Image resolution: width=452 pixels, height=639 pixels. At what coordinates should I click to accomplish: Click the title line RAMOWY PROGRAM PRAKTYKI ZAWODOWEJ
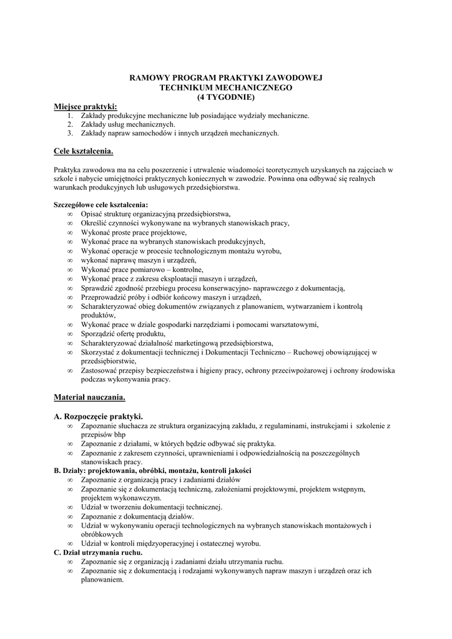(225, 79)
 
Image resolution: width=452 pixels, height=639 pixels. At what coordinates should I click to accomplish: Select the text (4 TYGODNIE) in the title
(225, 97)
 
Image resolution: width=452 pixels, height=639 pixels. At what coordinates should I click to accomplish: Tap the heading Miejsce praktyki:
(85, 107)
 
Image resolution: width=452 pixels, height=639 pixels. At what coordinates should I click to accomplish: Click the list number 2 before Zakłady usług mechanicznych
(71, 124)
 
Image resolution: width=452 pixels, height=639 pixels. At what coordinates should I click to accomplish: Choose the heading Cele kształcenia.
(83, 150)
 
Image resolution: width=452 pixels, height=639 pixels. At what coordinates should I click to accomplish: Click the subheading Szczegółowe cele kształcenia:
(101, 204)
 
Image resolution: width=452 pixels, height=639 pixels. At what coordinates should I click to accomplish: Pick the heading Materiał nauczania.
(90, 396)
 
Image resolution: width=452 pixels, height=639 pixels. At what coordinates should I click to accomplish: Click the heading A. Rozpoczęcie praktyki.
(99, 416)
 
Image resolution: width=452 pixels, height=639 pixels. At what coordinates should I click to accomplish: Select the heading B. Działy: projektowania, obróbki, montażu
(152, 470)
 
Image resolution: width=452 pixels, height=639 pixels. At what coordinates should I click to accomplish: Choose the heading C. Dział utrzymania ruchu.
(98, 552)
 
